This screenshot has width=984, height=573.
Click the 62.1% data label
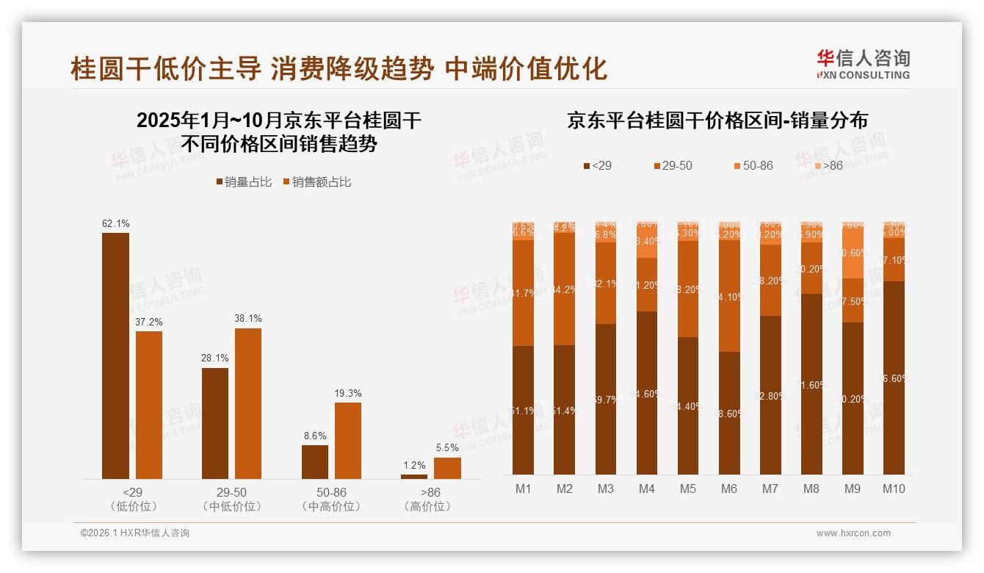[115, 223]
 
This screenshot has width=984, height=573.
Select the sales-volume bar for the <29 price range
[115, 356]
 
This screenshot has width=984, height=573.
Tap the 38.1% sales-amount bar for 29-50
[248, 404]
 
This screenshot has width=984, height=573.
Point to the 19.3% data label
[348, 393]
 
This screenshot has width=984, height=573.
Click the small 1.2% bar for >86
[414, 477]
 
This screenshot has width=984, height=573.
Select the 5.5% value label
[447, 448]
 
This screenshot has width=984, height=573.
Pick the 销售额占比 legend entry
[316, 182]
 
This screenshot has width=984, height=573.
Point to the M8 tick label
[811, 489]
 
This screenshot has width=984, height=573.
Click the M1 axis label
[524, 489]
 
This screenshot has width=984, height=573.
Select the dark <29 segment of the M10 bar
[894, 378]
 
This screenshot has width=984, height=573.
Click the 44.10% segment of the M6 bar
[729, 297]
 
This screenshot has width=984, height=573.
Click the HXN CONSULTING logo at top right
[863, 65]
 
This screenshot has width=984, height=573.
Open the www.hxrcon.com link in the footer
[853, 533]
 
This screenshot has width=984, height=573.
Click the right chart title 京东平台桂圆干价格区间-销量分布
[717, 120]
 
